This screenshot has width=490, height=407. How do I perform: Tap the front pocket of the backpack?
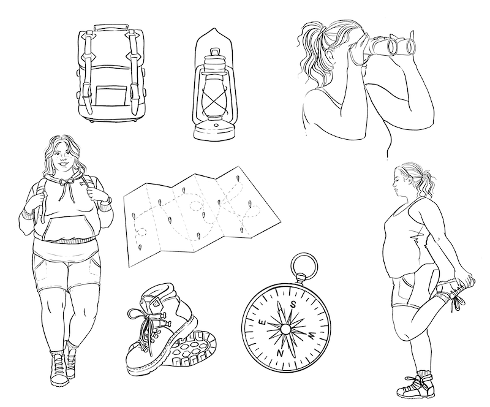111,95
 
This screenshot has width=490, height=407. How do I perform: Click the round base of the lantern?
214,130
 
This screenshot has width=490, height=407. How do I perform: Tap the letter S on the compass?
293,304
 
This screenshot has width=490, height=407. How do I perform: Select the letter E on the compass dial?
263,322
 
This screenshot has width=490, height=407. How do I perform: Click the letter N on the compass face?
280,353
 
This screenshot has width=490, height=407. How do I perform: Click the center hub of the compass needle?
285,329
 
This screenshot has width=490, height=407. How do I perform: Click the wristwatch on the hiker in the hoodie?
109,199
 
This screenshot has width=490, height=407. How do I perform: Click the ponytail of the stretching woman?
426,184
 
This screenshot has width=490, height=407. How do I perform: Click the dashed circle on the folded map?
197,207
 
